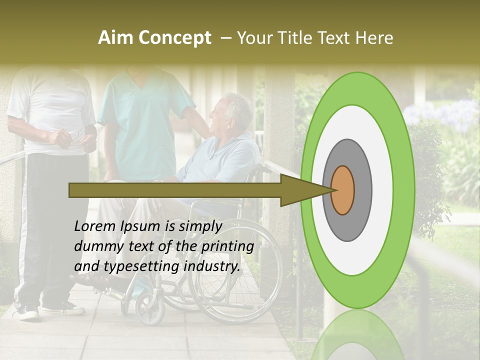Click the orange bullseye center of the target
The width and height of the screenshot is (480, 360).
click(x=342, y=190)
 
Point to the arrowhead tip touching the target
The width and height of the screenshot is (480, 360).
click(x=332, y=190)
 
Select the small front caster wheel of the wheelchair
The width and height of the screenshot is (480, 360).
click(x=150, y=306)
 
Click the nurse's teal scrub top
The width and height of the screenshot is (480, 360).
click(x=142, y=125)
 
